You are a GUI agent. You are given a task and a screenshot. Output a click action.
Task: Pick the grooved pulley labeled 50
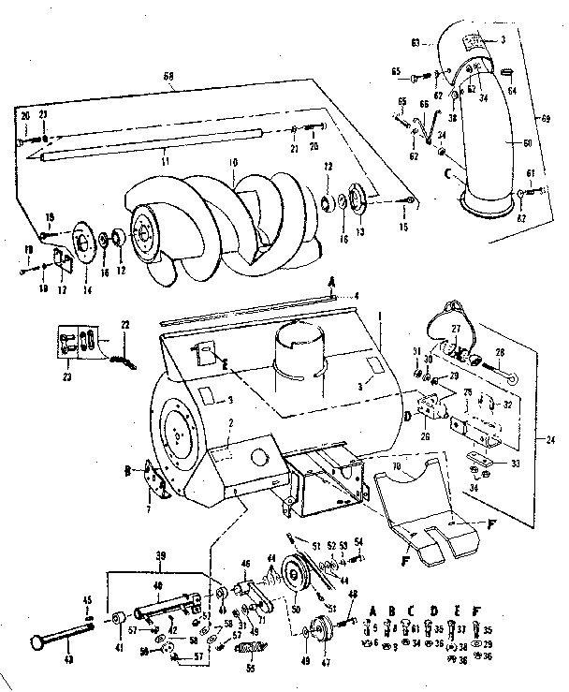[x=296, y=581]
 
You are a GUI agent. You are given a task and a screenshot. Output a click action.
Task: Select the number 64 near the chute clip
[x=513, y=91]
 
